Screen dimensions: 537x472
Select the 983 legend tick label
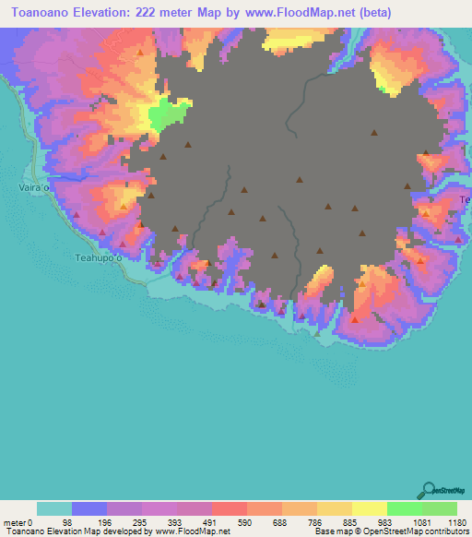click(387, 521)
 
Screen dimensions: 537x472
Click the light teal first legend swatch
click(53, 508)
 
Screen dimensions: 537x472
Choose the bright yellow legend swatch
click(369, 508)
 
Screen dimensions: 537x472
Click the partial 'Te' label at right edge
click(465, 200)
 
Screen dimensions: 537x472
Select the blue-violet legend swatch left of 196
click(88, 508)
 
